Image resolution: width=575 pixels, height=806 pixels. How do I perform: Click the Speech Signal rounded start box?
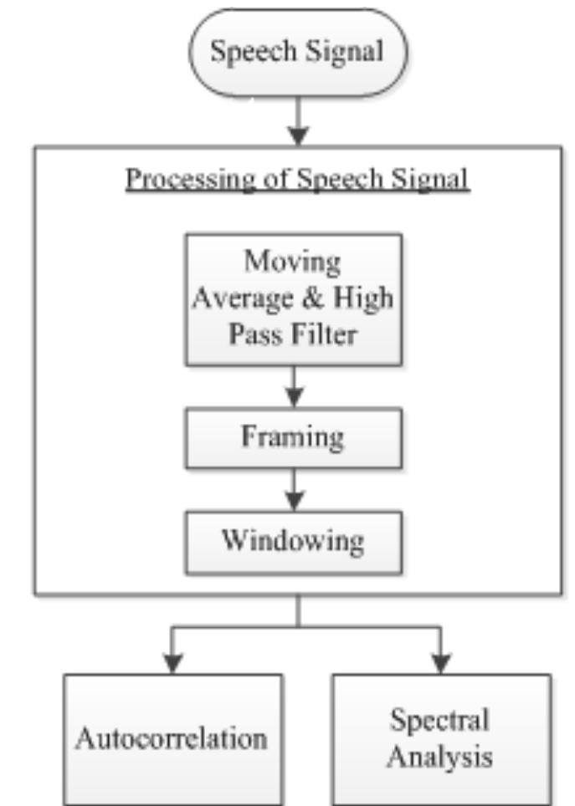pyautogui.click(x=296, y=52)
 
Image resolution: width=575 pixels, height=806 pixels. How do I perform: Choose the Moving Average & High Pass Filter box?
pyautogui.click(x=293, y=298)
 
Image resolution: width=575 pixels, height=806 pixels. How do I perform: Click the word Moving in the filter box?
pyautogui.click(x=293, y=261)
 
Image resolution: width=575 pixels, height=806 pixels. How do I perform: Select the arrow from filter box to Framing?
pyautogui.click(x=293, y=387)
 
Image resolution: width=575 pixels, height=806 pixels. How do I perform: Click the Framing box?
pyautogui.click(x=293, y=438)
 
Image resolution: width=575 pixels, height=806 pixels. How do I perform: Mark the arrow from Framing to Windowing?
pyautogui.click(x=293, y=489)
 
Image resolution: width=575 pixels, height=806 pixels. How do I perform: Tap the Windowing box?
pyautogui.click(x=293, y=541)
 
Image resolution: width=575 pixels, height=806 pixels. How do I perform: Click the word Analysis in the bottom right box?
pyautogui.click(x=440, y=758)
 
